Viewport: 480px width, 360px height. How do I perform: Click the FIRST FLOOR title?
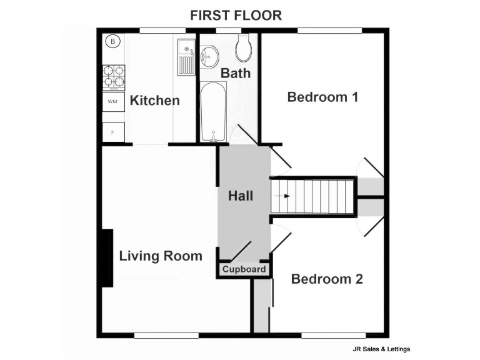click(236, 16)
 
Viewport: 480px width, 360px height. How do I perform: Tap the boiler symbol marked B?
click(112, 42)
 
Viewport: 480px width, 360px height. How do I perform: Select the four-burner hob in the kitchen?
click(114, 76)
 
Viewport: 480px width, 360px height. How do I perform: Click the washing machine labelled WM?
click(113, 101)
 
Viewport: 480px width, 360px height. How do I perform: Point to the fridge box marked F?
click(113, 132)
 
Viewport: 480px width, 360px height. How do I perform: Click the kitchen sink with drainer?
click(186, 57)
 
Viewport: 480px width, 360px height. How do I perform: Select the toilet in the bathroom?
click(244, 47)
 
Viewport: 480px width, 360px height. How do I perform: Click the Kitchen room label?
click(154, 101)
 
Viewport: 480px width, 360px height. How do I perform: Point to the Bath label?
click(236, 73)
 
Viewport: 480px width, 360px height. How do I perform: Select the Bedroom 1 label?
click(322, 97)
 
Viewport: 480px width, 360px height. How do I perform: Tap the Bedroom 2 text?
click(327, 279)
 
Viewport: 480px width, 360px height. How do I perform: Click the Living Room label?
click(161, 256)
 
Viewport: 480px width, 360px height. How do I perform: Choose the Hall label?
click(241, 196)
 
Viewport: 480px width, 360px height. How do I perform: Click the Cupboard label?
click(244, 270)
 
